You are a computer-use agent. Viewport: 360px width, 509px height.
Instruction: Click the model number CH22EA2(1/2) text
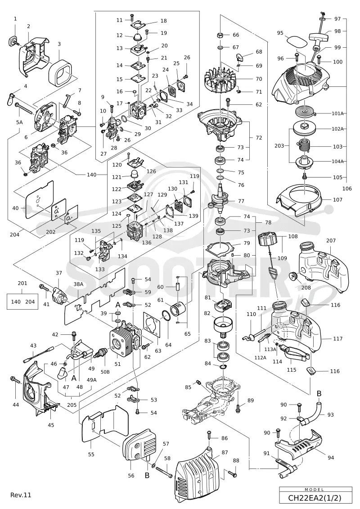pyautogui.click(x=315, y=497)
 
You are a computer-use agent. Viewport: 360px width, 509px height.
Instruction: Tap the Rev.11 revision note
pyautogui.click(x=21, y=495)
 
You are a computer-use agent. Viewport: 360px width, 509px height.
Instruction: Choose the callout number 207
pyautogui.click(x=331, y=240)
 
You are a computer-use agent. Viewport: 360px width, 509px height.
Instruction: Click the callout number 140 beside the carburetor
pyautogui.click(x=91, y=175)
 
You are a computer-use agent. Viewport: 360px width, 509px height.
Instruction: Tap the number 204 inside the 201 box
pyautogui.click(x=30, y=302)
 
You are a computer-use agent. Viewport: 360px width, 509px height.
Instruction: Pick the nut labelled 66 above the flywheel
pyautogui.click(x=220, y=35)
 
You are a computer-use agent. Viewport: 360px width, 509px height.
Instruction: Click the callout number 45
pyautogui.click(x=51, y=425)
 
